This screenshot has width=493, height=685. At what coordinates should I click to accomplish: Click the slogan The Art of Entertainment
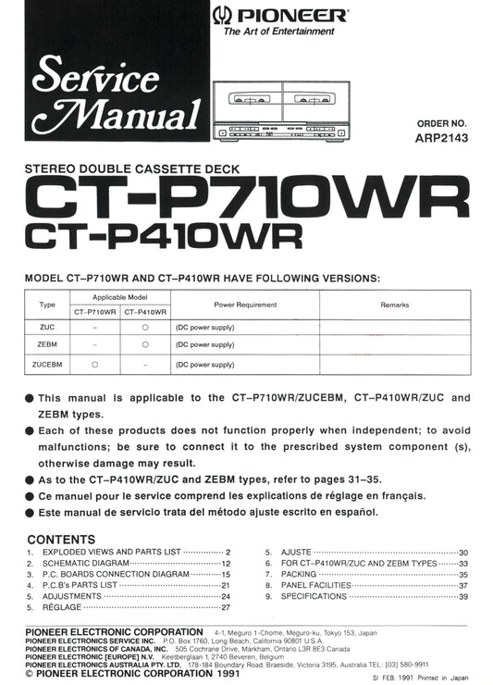(x=279, y=31)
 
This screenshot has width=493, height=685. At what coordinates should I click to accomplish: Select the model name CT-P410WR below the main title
(x=165, y=236)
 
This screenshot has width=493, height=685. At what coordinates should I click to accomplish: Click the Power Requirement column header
(x=245, y=304)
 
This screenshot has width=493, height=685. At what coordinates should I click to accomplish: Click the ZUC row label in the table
(x=47, y=327)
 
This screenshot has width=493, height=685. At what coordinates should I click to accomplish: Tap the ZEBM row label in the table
(x=47, y=345)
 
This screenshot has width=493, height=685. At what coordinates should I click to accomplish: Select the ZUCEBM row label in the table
(x=47, y=364)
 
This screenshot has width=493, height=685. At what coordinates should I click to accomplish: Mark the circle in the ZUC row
(x=145, y=327)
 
